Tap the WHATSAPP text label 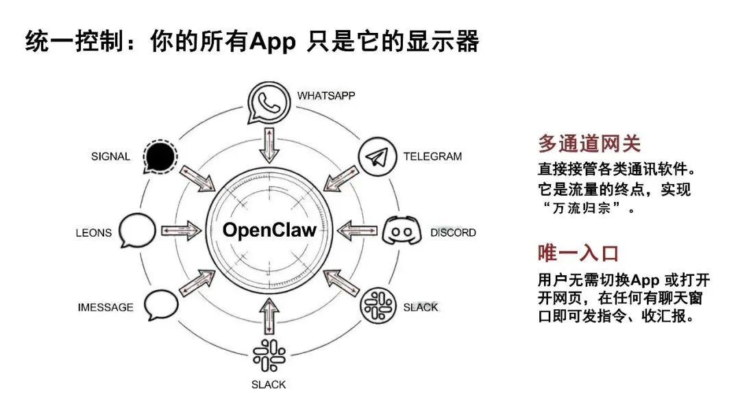[326, 95]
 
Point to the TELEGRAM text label [432, 156]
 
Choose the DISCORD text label [453, 233]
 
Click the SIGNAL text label [110, 157]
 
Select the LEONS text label [94, 233]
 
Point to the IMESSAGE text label [106, 307]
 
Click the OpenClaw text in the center [269, 230]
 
